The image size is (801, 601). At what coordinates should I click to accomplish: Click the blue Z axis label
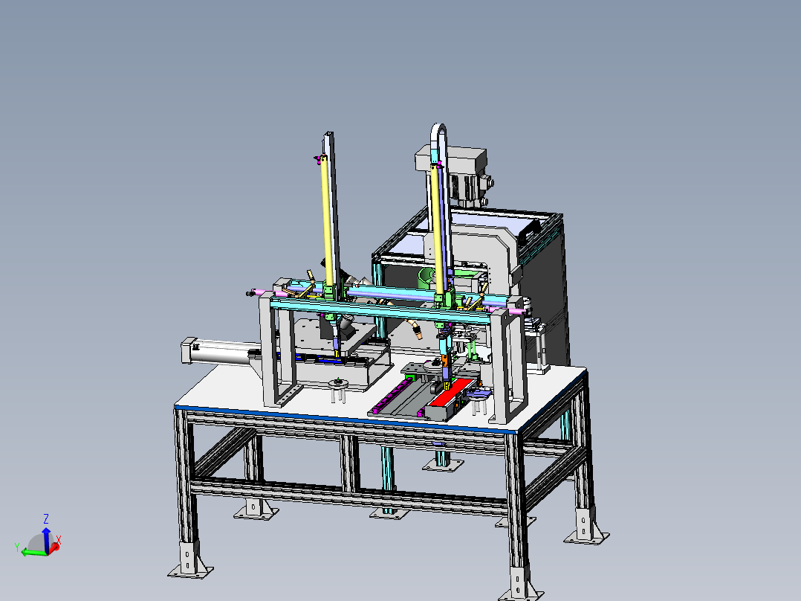[x=46, y=519]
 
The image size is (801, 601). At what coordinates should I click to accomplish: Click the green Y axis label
[x=17, y=547]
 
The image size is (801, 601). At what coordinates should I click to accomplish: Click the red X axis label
[x=59, y=539]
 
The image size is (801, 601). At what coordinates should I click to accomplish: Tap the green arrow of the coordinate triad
[x=33, y=553]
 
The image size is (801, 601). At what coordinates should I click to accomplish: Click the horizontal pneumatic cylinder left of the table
[x=221, y=353]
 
